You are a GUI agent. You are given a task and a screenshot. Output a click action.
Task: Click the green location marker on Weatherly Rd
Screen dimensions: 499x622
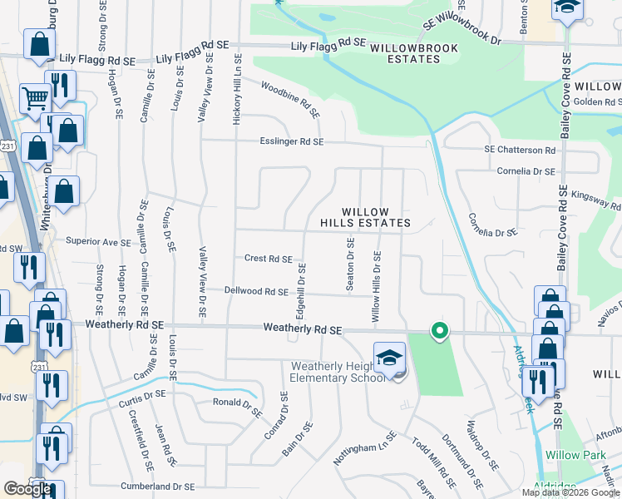[439, 332]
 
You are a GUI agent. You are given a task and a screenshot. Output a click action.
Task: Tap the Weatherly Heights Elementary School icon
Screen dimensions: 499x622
[389, 358]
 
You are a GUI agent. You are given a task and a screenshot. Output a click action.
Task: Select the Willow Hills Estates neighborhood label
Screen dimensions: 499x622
[366, 218]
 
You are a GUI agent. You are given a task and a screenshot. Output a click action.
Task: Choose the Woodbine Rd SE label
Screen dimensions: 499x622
[290, 99]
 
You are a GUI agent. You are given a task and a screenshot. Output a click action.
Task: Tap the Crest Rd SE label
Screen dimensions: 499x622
[268, 259]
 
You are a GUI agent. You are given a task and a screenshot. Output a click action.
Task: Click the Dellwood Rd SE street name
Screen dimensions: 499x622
[256, 291]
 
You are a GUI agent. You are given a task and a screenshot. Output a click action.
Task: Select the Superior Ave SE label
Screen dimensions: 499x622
[98, 243]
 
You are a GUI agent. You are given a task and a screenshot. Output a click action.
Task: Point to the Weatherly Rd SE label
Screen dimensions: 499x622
[303, 329]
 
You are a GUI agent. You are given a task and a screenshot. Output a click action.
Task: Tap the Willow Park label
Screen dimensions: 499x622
[574, 456]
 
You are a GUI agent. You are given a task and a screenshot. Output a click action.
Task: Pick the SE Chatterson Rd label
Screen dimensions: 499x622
[520, 150]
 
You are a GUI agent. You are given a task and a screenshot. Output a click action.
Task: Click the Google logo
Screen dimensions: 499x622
[28, 489]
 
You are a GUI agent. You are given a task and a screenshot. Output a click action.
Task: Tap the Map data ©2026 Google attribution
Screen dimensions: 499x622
[571, 492]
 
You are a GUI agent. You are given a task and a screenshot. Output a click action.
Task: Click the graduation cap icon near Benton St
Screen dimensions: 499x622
[568, 8]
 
